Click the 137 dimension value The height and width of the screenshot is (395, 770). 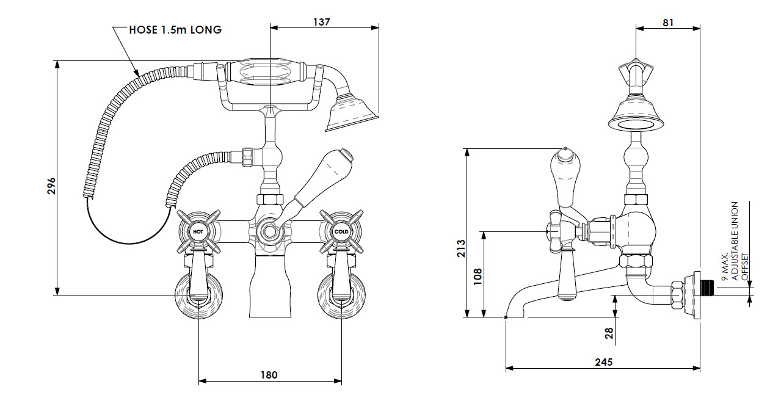tap(321, 21)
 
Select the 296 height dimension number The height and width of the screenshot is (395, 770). tap(51, 186)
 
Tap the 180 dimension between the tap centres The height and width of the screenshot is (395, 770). tap(269, 374)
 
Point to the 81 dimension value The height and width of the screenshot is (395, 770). tap(667, 22)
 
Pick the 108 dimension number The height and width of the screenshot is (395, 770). tap(478, 276)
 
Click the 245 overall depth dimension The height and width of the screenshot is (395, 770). tap(603, 362)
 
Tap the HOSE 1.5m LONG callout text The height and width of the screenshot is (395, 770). tap(175, 30)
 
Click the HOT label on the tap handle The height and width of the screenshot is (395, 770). tap(198, 232)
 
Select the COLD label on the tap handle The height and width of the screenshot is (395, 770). tap(341, 232)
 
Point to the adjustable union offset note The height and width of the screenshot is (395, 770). tap(735, 241)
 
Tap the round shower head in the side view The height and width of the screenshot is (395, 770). tap(636, 118)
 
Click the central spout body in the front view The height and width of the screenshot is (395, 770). tap(269, 287)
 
